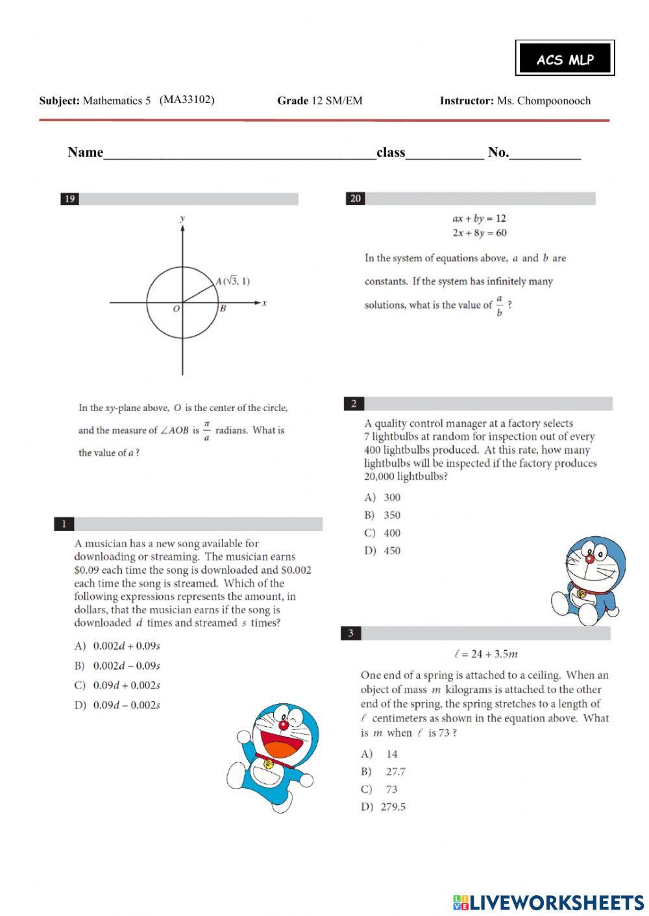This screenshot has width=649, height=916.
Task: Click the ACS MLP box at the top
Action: (x=565, y=59)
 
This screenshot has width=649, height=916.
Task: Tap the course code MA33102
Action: (x=187, y=99)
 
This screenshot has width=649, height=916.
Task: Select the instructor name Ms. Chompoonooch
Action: (x=543, y=100)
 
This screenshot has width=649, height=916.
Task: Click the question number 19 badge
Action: (x=69, y=199)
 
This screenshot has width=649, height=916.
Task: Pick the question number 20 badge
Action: (x=355, y=198)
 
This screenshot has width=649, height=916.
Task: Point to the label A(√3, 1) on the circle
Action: (x=232, y=281)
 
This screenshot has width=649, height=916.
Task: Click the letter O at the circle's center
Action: (x=176, y=309)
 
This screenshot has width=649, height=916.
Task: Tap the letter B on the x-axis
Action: (x=223, y=309)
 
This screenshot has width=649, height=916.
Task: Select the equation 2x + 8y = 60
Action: (x=480, y=233)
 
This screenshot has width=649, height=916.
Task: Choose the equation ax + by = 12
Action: (x=479, y=218)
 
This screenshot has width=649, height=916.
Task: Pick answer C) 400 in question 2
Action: (x=383, y=533)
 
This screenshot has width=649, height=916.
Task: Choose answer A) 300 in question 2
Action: (x=383, y=497)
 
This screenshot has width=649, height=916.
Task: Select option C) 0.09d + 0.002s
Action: (x=117, y=685)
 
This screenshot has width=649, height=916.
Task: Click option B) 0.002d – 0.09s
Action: (x=117, y=666)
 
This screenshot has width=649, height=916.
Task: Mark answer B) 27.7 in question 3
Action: (x=384, y=771)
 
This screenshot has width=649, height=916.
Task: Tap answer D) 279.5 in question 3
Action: (x=384, y=807)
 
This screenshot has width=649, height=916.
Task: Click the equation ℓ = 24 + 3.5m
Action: (x=486, y=653)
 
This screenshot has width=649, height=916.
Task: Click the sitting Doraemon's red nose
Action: (x=589, y=558)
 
